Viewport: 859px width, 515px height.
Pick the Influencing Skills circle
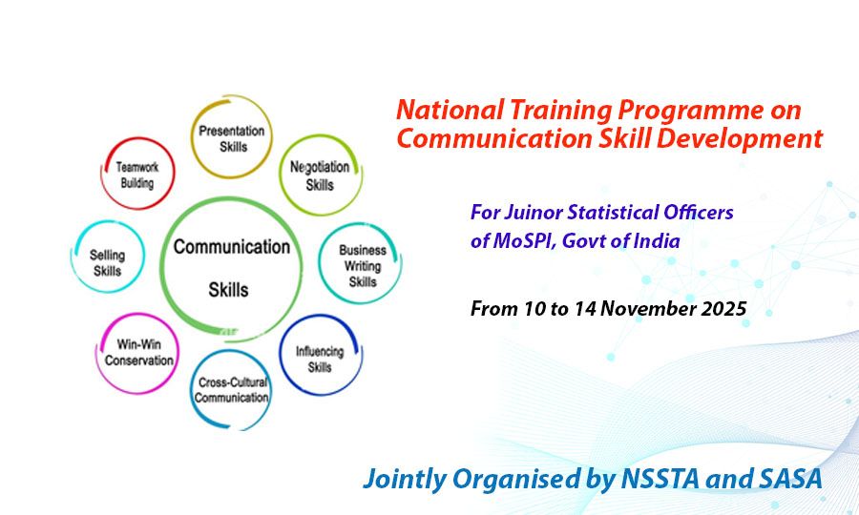(x=319, y=357)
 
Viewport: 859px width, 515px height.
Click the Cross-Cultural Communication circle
(x=232, y=389)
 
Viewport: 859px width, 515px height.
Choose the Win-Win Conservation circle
(x=139, y=353)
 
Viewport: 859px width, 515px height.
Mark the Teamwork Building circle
(x=137, y=174)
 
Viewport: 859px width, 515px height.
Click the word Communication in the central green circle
(x=231, y=247)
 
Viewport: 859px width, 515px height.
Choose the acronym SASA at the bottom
(x=787, y=479)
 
